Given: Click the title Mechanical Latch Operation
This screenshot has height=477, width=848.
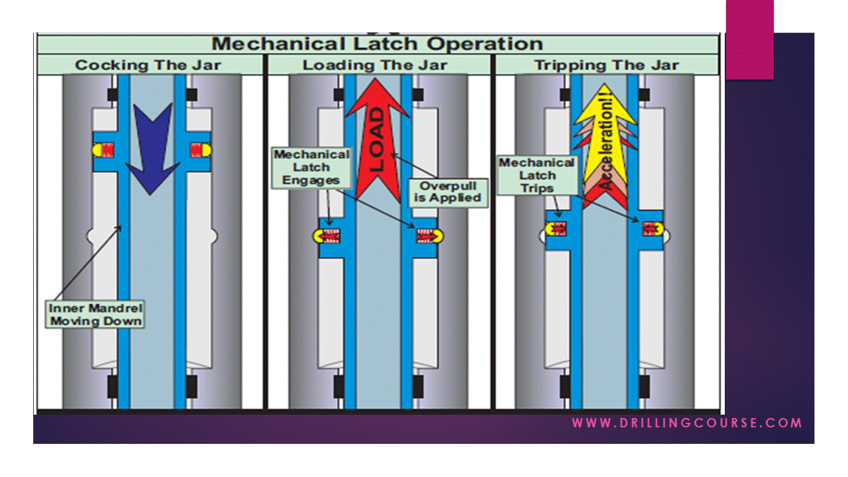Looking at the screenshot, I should [378, 44].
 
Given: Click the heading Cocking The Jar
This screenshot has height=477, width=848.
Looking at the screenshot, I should [148, 65].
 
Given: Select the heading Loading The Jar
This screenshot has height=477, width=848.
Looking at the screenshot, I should [375, 65].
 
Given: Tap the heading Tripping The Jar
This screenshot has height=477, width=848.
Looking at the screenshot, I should [606, 65].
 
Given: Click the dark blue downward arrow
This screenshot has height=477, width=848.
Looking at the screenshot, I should [152, 146].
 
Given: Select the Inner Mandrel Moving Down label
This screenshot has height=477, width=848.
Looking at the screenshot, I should [95, 315].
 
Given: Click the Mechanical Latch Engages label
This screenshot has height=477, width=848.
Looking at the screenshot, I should [311, 168].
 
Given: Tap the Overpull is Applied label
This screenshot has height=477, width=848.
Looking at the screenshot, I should [445, 191].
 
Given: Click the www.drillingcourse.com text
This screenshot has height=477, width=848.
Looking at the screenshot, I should [687, 423].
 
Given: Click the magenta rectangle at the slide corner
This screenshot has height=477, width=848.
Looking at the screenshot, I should [749, 40].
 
